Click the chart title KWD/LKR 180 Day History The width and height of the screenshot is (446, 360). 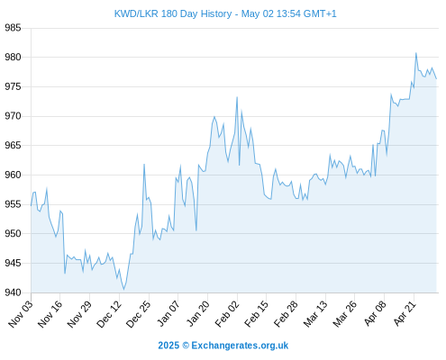tap(173, 13)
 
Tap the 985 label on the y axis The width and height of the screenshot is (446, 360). tap(13, 28)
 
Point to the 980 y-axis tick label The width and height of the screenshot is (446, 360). tap(13, 57)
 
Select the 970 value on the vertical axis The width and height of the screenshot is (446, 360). tap(13, 116)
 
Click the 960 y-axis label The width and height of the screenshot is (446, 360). tap(13, 175)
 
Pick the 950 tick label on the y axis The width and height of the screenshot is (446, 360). tap(13, 233)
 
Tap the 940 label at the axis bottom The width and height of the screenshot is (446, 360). tap(13, 292)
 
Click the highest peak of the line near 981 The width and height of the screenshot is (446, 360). tap(416, 53)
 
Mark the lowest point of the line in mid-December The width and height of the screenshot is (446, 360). tap(123, 290)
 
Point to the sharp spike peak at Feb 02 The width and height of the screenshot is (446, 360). tap(237, 97)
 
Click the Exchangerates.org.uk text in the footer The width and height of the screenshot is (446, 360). tap(240, 346)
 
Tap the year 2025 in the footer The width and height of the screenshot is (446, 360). tap(168, 346)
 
